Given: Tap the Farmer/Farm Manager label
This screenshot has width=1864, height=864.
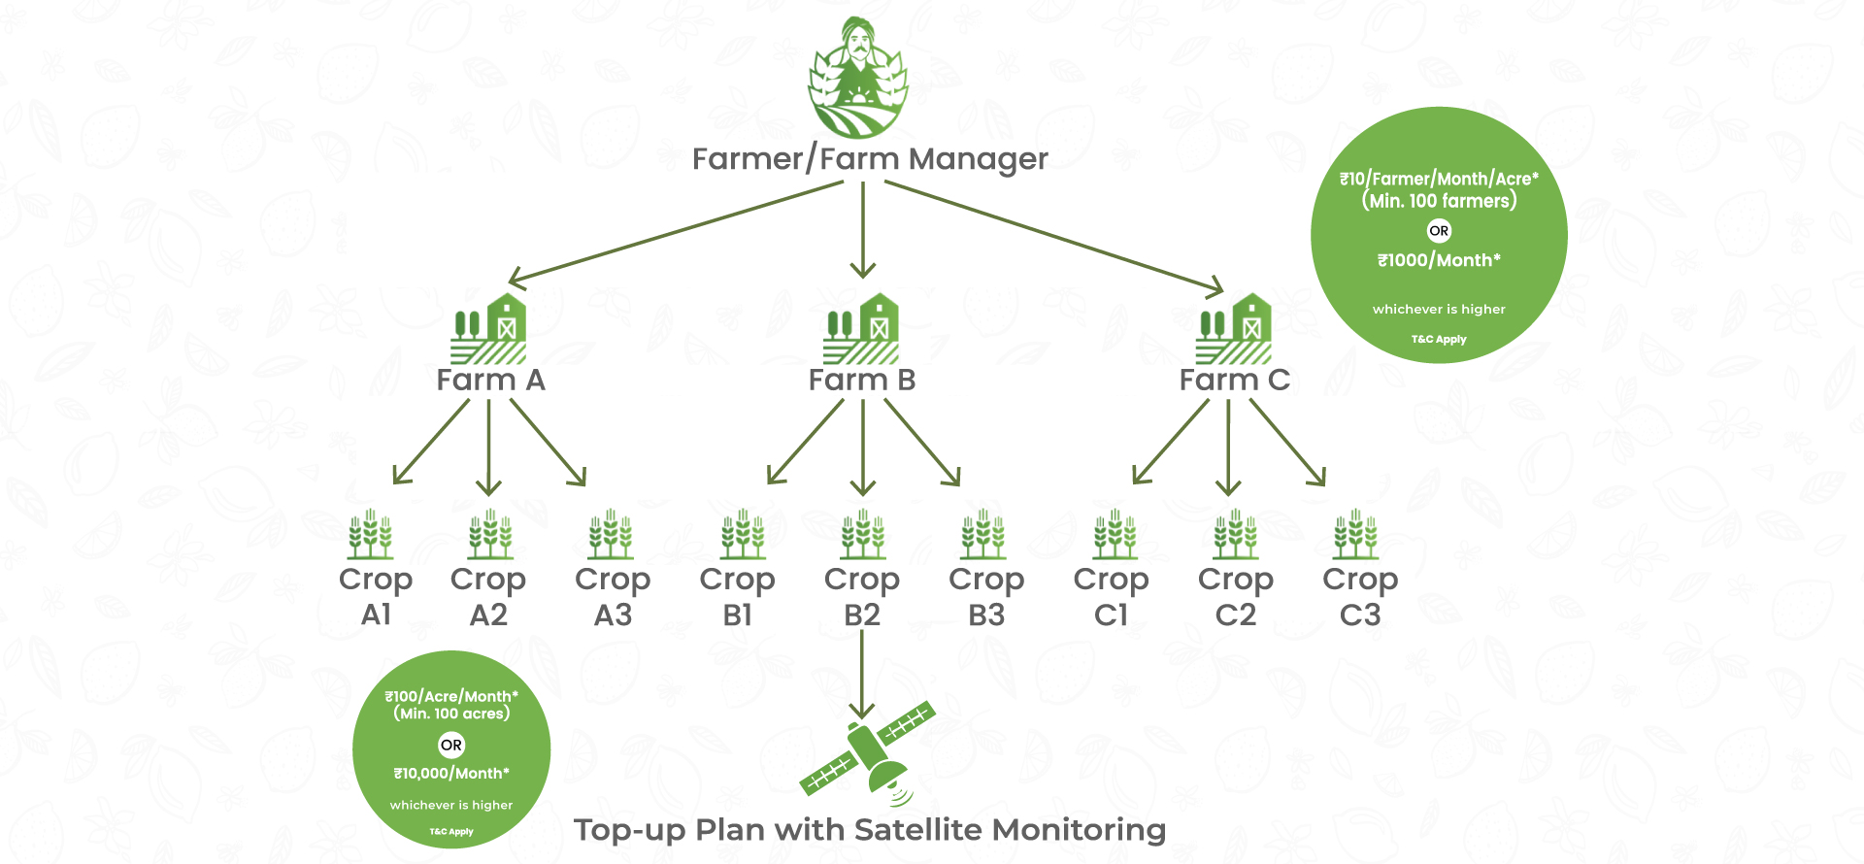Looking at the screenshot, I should click(870, 159).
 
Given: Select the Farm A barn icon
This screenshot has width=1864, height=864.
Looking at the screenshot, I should click(489, 329).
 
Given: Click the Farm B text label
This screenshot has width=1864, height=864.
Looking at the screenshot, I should click(862, 381).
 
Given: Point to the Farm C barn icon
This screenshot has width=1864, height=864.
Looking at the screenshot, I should click(1234, 329).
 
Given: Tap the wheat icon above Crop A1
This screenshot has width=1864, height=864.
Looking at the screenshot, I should click(371, 534).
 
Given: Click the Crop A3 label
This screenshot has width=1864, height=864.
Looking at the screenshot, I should click(613, 596).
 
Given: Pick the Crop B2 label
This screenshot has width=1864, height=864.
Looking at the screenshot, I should click(862, 596).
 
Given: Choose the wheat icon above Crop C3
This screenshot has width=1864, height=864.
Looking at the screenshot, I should click(1356, 534).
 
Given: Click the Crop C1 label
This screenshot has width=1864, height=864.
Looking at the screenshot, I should click(1112, 596).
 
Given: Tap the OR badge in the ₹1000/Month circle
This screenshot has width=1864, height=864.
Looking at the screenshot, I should click(1439, 231).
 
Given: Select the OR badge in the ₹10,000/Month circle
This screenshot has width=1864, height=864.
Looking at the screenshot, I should click(451, 746).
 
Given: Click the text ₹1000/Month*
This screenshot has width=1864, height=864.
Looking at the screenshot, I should click(1439, 260).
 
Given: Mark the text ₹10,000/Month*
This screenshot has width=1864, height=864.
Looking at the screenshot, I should click(451, 774).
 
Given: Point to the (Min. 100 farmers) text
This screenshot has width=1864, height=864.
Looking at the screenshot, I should click(1439, 201).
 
